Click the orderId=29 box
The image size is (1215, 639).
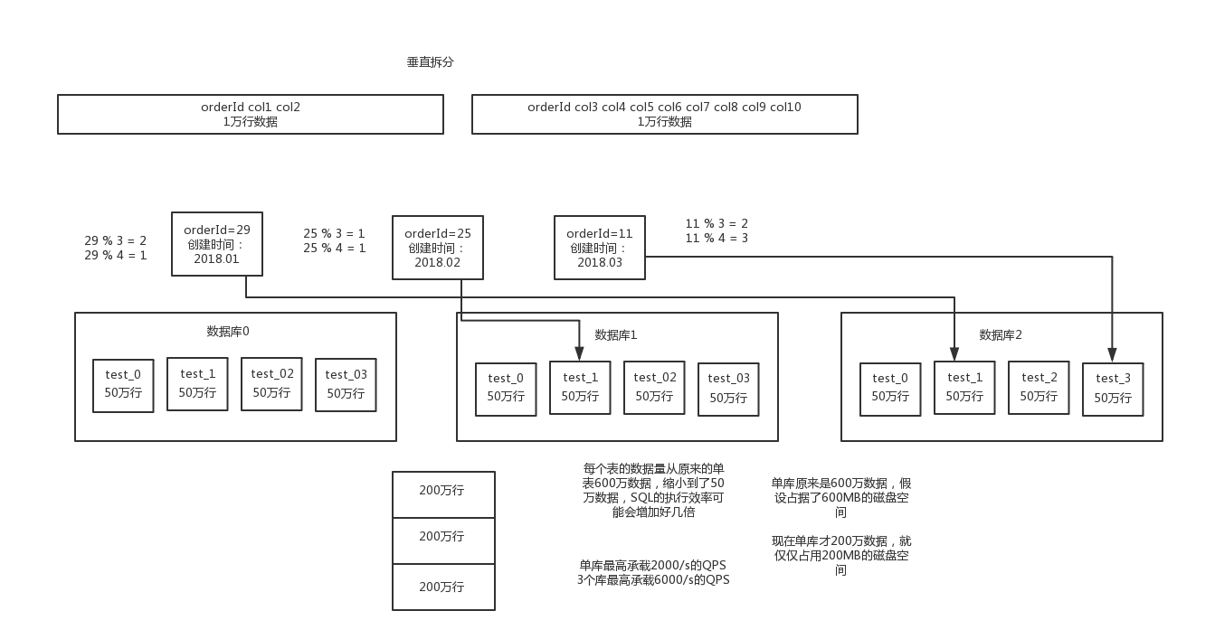point(217,244)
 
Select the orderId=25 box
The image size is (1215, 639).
point(438,248)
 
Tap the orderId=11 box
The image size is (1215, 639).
point(600,248)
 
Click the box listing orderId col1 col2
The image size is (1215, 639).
point(251,114)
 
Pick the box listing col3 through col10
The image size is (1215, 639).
point(664,114)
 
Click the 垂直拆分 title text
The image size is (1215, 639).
point(430,62)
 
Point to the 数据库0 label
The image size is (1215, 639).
point(228,331)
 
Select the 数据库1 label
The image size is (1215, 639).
point(616,334)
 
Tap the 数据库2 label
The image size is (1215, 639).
point(1001,334)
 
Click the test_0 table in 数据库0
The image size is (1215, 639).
point(123,385)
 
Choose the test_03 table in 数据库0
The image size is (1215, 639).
point(346,385)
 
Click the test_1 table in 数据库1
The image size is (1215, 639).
point(580,387)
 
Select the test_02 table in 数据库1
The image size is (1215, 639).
point(654,387)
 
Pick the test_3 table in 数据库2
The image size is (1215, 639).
point(1113,389)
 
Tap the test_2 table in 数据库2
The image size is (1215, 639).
point(1039,387)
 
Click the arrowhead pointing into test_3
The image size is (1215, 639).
point(1113,356)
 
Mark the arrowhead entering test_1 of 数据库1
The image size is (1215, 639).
point(580,354)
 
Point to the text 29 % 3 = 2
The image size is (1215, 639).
point(116,241)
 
